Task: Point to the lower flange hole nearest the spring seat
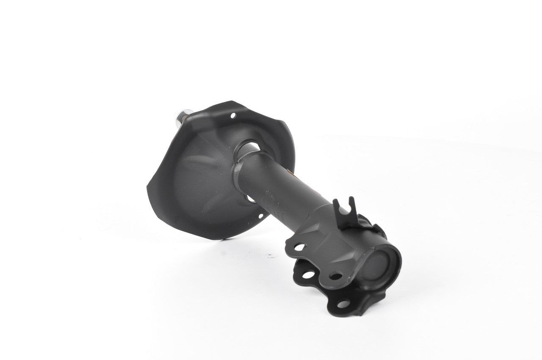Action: click(308, 275)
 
